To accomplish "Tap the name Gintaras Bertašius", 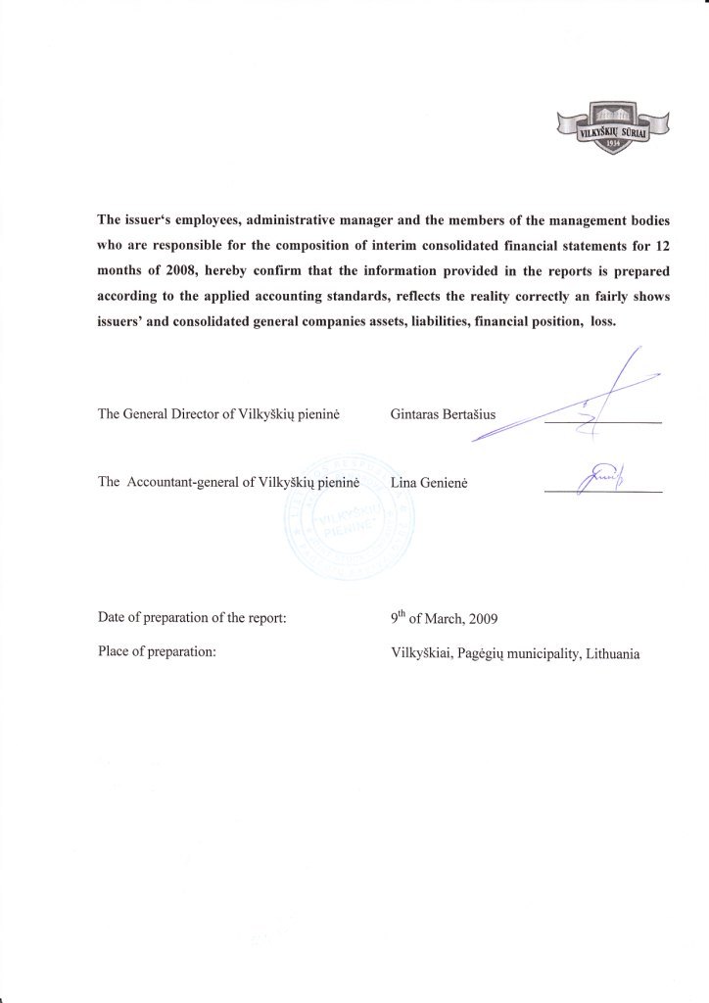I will (x=443, y=414).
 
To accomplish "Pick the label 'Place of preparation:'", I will (x=157, y=651).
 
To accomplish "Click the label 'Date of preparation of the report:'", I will (x=192, y=618).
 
